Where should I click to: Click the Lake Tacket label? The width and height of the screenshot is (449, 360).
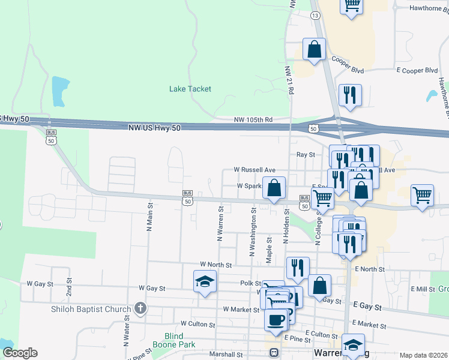click(190, 89)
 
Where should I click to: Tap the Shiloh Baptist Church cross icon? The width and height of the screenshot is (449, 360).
click(140, 309)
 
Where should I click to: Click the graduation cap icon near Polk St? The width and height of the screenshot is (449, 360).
click(204, 281)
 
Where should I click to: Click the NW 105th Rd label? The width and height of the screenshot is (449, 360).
click(254, 120)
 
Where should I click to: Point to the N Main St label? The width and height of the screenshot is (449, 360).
click(149, 217)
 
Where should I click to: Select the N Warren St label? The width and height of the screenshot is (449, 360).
click(220, 223)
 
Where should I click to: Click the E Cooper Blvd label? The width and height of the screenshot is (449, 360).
click(417, 70)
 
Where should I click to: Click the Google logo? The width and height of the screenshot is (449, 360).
click(20, 353)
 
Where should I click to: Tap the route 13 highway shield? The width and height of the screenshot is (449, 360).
click(315, 15)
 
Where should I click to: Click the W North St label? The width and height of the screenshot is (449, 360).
click(215, 264)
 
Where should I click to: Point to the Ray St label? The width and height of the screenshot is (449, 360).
click(306, 154)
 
